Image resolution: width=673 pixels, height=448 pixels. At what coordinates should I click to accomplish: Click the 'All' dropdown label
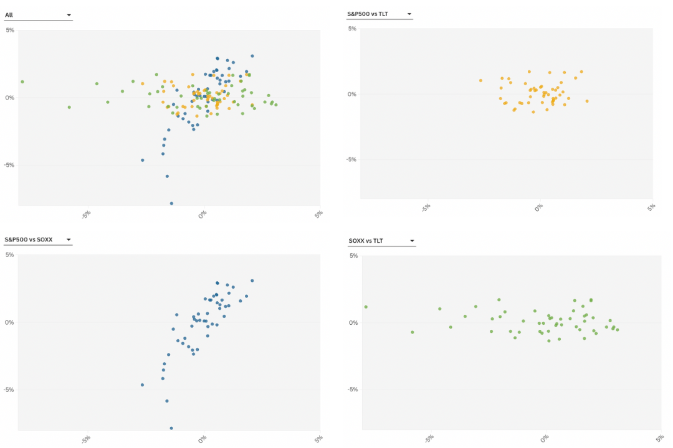[9, 15]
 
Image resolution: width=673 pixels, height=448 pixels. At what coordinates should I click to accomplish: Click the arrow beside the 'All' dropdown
[69, 15]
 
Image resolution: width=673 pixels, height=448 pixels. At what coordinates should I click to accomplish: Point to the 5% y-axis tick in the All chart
[10, 29]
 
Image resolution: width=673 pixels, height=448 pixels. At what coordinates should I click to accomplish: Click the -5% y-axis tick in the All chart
[9, 165]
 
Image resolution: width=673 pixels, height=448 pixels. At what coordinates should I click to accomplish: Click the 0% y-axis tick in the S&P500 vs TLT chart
[353, 94]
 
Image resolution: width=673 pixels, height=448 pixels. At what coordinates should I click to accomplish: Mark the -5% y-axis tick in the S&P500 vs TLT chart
[351, 159]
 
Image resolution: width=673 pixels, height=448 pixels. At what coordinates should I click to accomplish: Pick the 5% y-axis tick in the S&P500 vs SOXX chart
[10, 254]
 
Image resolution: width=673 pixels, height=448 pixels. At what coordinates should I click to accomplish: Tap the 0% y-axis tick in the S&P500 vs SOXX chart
[10, 322]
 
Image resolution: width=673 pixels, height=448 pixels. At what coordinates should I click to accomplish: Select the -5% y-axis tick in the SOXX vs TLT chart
[353, 390]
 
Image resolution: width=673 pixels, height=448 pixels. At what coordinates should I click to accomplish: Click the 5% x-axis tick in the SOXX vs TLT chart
[659, 438]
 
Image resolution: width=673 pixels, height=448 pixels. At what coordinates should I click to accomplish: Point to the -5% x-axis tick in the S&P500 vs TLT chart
[427, 207]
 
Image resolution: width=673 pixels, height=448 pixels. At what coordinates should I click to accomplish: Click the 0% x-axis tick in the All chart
[202, 214]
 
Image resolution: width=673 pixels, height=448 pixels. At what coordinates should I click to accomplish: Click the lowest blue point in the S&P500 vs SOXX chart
[171, 428]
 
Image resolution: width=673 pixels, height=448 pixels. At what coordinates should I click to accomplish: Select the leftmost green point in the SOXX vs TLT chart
[366, 307]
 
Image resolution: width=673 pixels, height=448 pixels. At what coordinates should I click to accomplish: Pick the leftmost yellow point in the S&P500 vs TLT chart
[480, 80]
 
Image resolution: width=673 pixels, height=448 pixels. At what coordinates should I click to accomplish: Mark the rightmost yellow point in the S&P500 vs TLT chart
[586, 101]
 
